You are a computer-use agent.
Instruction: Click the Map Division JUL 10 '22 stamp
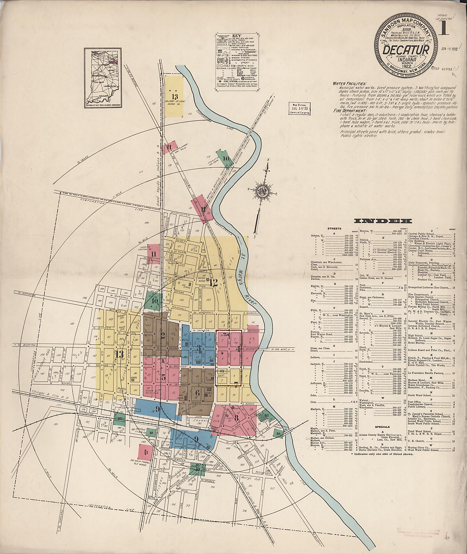pyautogui.click(x=299, y=108)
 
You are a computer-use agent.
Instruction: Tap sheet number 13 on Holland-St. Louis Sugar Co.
pyautogui.click(x=174, y=96)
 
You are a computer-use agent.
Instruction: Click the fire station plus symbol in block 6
pyautogui.click(x=222, y=354)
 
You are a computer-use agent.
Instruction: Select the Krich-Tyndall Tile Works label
pyautogui.click(x=140, y=462)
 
